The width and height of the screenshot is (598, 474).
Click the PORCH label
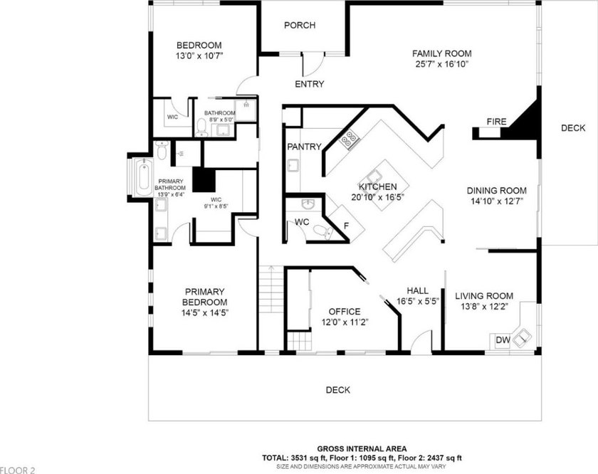pos(300,25)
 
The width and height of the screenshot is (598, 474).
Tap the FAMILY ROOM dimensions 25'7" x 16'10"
pos(441,64)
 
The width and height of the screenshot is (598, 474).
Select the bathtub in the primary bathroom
pos(143,177)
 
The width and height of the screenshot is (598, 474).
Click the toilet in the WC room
pos(323,231)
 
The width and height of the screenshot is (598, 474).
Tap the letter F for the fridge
pos(346,226)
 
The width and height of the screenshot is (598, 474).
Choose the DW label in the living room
pos(503,339)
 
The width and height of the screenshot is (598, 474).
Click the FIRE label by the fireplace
pos(497,122)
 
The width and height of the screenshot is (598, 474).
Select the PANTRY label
pos(304,147)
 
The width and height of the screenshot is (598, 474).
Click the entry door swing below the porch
pos(313,65)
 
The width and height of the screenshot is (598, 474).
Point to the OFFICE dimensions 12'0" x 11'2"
pos(345,322)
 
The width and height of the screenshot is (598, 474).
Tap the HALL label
pos(417,290)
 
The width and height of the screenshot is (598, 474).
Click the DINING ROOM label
pos(497,191)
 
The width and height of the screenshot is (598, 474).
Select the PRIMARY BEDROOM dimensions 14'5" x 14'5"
pos(205,313)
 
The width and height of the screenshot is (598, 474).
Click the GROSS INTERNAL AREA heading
pos(362,449)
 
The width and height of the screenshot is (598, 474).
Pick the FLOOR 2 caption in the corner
pos(18,470)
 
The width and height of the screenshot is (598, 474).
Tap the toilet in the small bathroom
pos(201,127)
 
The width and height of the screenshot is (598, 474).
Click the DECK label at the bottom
pos(338,390)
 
